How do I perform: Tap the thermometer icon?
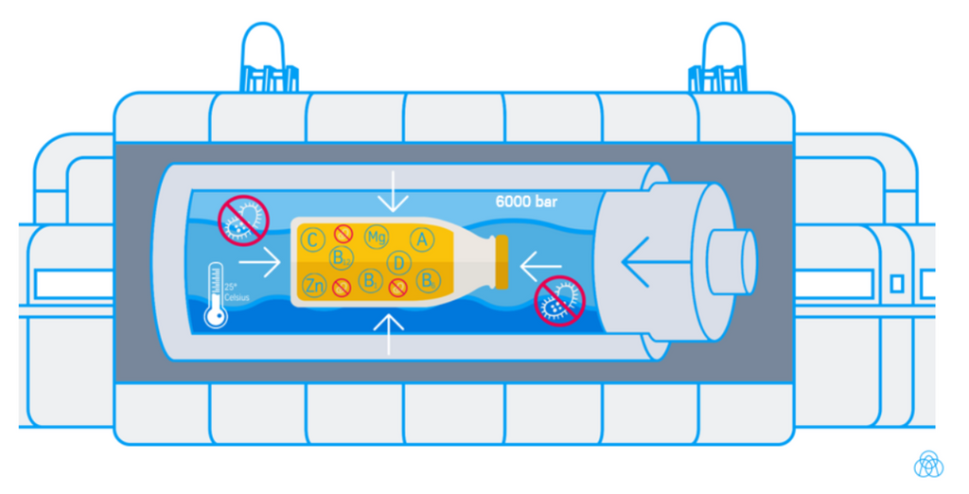click(217, 294)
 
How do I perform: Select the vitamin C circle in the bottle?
click(313, 238)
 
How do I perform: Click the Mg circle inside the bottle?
click(376, 237)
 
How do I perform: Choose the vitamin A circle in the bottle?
click(421, 239)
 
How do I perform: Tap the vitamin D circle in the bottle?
click(399, 262)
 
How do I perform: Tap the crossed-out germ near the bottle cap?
click(559, 300)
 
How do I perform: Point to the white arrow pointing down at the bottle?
click(392, 194)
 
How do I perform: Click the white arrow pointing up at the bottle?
click(388, 332)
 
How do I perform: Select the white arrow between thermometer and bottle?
click(260, 261)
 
